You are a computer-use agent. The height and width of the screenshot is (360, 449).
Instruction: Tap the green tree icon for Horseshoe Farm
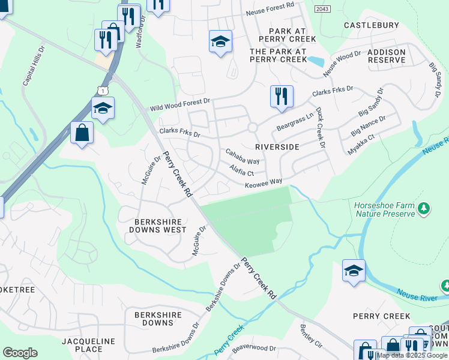tap(424, 208)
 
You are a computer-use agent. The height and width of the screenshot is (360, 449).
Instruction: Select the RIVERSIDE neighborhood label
tap(277, 147)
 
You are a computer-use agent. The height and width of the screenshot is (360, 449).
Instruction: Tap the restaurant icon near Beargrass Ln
tap(281, 96)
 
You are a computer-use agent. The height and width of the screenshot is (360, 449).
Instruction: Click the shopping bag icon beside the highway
tap(82, 132)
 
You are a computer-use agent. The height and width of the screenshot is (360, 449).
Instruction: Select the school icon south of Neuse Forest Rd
tap(220, 41)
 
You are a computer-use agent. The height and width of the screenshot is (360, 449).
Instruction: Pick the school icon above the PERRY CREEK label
tap(354, 271)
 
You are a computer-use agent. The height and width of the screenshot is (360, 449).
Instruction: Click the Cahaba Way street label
tap(243, 158)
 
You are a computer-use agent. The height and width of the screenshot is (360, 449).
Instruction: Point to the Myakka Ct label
tap(361, 145)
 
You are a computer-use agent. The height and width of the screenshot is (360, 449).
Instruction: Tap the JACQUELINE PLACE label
tap(88, 345)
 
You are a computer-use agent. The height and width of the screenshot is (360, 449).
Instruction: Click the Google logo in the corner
tap(20, 353)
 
